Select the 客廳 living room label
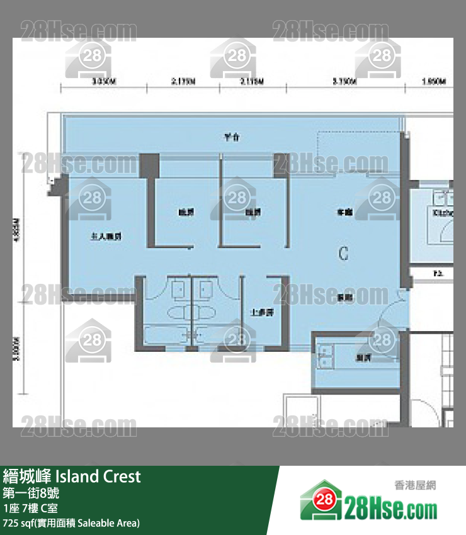(x=344, y=213)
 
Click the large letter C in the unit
(x=343, y=254)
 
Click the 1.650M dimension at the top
(x=433, y=82)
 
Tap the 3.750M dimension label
(x=344, y=82)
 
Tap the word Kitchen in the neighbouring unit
(x=443, y=213)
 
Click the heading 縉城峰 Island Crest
(x=72, y=476)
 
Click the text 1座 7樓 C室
(x=30, y=509)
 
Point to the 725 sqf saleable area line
(x=71, y=523)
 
